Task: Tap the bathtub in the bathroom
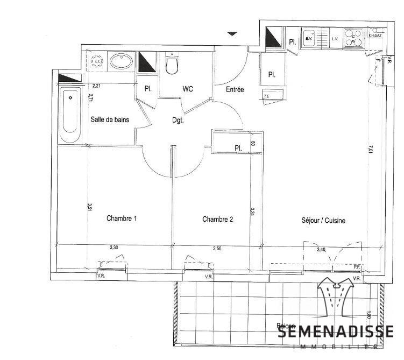coord(69,114)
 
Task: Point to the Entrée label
coord(235,90)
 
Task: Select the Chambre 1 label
coord(122,218)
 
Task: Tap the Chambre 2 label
coord(217,219)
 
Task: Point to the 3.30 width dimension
coord(114,248)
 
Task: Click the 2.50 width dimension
coord(217,248)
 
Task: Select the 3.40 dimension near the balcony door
coord(321,249)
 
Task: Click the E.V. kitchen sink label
coord(309,39)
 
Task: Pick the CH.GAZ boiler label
coord(375,36)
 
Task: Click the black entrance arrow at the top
coord(232,34)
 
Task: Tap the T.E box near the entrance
coord(266,96)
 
